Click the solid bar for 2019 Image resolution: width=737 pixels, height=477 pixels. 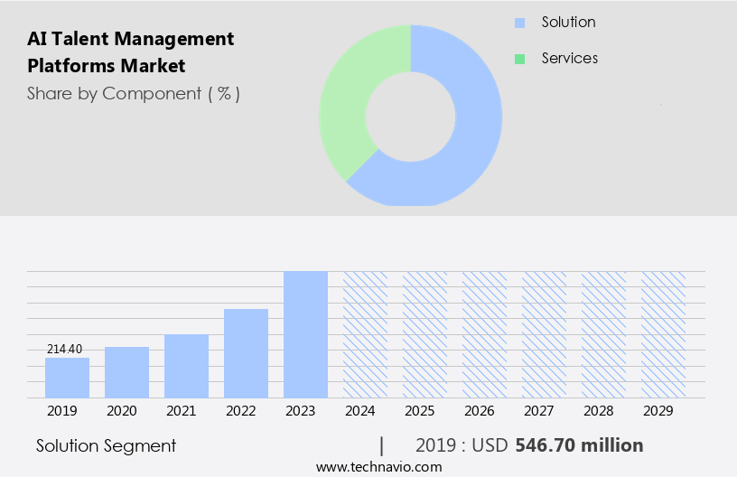tap(67, 378)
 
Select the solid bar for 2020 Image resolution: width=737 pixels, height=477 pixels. tap(126, 372)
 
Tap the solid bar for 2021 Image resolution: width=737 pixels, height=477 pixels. tap(186, 366)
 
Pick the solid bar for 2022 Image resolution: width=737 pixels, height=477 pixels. tap(246, 353)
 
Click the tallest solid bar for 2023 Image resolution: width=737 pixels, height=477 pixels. tap(305, 334)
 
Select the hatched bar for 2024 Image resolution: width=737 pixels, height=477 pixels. tap(365, 334)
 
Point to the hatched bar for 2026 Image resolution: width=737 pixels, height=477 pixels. tap(484, 334)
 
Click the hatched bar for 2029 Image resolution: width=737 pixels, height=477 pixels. tap(663, 334)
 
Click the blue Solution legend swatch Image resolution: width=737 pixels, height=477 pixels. tap(519, 23)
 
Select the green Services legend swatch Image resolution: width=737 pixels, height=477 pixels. tap(519, 59)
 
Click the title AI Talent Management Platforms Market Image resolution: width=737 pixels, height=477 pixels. tap(131, 51)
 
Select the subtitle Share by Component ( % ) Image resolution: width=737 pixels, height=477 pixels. tap(134, 93)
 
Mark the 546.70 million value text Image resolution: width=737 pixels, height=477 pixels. tap(579, 445)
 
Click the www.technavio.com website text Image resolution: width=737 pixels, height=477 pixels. tap(378, 466)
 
